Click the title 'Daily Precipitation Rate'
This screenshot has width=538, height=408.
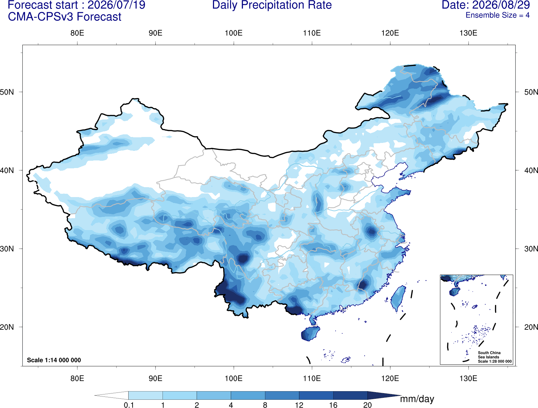(x=272, y=5)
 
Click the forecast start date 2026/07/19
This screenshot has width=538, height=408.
(x=116, y=5)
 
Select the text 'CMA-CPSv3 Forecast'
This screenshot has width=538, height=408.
(x=65, y=17)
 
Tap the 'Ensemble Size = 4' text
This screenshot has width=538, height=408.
(x=497, y=15)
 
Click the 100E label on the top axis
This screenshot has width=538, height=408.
(x=234, y=33)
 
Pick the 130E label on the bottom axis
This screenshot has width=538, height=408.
(x=468, y=378)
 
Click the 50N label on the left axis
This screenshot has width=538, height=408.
(x=7, y=92)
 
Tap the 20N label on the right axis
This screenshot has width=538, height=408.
(x=531, y=327)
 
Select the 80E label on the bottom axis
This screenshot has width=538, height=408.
(x=77, y=378)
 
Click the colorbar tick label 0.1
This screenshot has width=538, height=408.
(x=129, y=405)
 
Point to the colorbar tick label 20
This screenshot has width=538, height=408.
(x=368, y=405)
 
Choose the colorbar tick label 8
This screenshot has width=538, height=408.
(x=265, y=405)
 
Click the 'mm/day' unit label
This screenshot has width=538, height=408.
(x=417, y=399)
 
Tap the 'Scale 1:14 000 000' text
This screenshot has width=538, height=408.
(x=54, y=360)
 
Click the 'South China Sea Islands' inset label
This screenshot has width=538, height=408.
(x=489, y=355)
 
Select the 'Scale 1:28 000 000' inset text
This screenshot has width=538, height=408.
(x=494, y=361)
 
